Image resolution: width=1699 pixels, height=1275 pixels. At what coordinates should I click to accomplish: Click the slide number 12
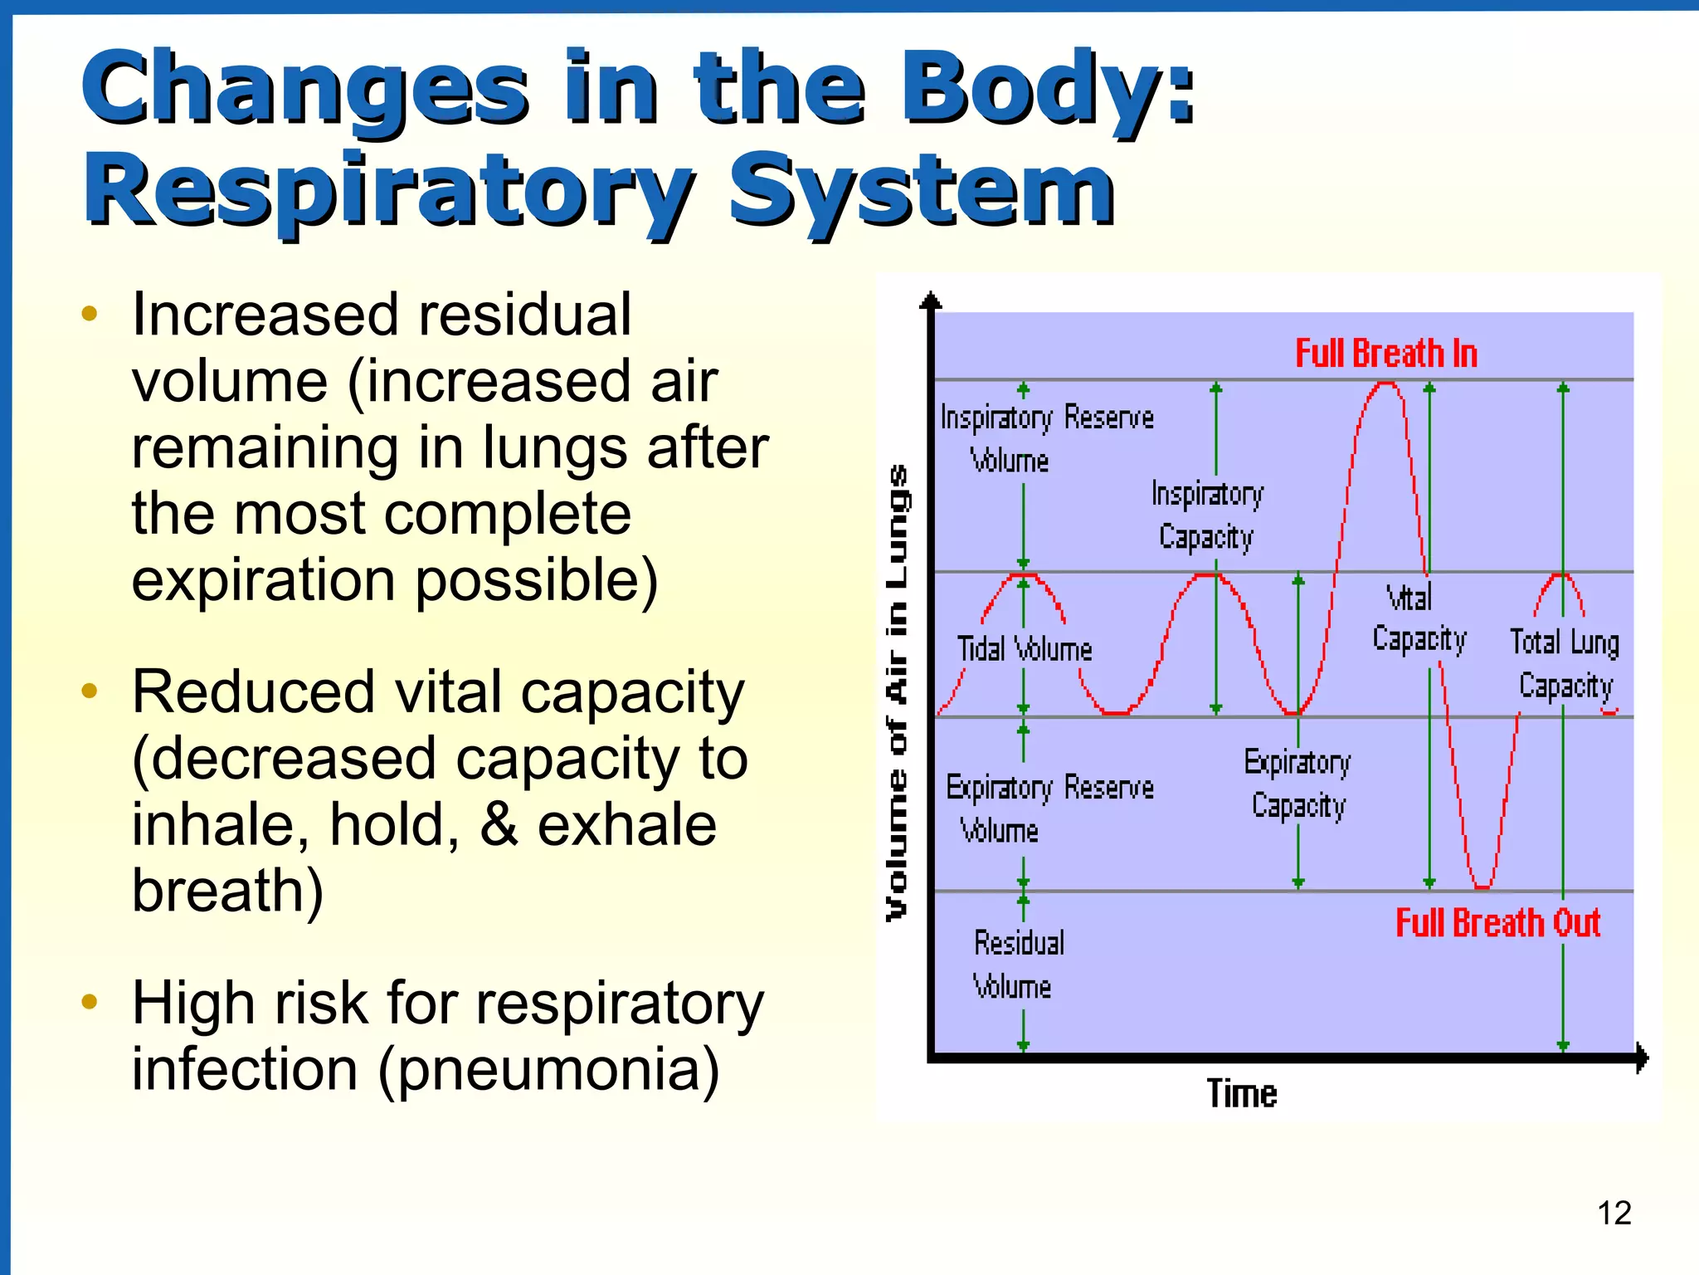[1614, 1213]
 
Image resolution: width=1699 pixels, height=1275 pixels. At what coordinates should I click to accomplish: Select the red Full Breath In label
[1386, 354]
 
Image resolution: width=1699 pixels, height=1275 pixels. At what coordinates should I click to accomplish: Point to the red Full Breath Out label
[1497, 923]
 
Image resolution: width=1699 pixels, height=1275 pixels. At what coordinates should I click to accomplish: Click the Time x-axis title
[1241, 1093]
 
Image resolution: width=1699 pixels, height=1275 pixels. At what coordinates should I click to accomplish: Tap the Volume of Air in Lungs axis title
[898, 691]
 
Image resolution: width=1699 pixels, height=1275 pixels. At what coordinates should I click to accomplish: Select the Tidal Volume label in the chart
[1025, 649]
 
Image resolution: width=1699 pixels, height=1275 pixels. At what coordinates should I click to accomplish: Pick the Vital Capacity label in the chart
[1418, 618]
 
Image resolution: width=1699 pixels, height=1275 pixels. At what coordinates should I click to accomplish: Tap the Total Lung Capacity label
[1565, 664]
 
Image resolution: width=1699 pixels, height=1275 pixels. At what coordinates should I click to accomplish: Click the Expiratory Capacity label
[1297, 784]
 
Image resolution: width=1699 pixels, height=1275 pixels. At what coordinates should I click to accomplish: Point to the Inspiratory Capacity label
[1207, 515]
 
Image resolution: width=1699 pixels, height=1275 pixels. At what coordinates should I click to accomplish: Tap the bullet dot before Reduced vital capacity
[90, 691]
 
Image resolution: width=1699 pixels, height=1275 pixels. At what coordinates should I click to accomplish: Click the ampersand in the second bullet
[499, 825]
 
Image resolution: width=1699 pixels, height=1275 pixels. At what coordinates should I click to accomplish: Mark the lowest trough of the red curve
[1482, 887]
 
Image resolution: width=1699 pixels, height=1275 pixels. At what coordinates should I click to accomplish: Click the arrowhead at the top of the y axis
[931, 299]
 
